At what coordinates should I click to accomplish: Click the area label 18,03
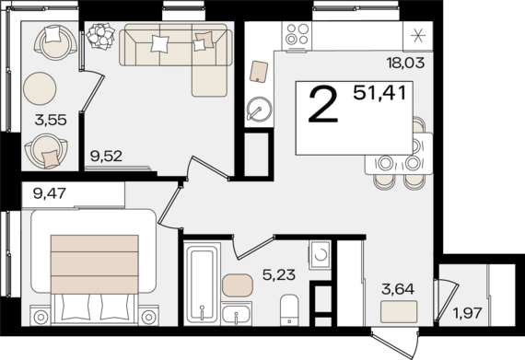405,63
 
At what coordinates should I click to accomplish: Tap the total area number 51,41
379,93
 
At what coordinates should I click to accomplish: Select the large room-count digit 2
323,104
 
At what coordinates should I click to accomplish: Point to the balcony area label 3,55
51,120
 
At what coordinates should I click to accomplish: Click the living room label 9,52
106,156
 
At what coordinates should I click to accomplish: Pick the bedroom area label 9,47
50,193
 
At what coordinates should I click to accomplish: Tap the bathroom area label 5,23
279,275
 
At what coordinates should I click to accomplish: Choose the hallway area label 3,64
398,289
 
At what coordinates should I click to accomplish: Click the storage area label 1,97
467,313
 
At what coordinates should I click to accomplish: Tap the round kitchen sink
259,109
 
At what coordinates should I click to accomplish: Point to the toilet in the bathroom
289,309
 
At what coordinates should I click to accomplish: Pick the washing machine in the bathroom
320,254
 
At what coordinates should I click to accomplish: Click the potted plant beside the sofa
100,36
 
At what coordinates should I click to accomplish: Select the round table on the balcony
40,88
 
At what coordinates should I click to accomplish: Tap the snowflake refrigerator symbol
418,36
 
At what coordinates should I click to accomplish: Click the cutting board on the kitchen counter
259,71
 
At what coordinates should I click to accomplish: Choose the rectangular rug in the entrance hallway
399,311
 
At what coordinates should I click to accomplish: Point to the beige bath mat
238,285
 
